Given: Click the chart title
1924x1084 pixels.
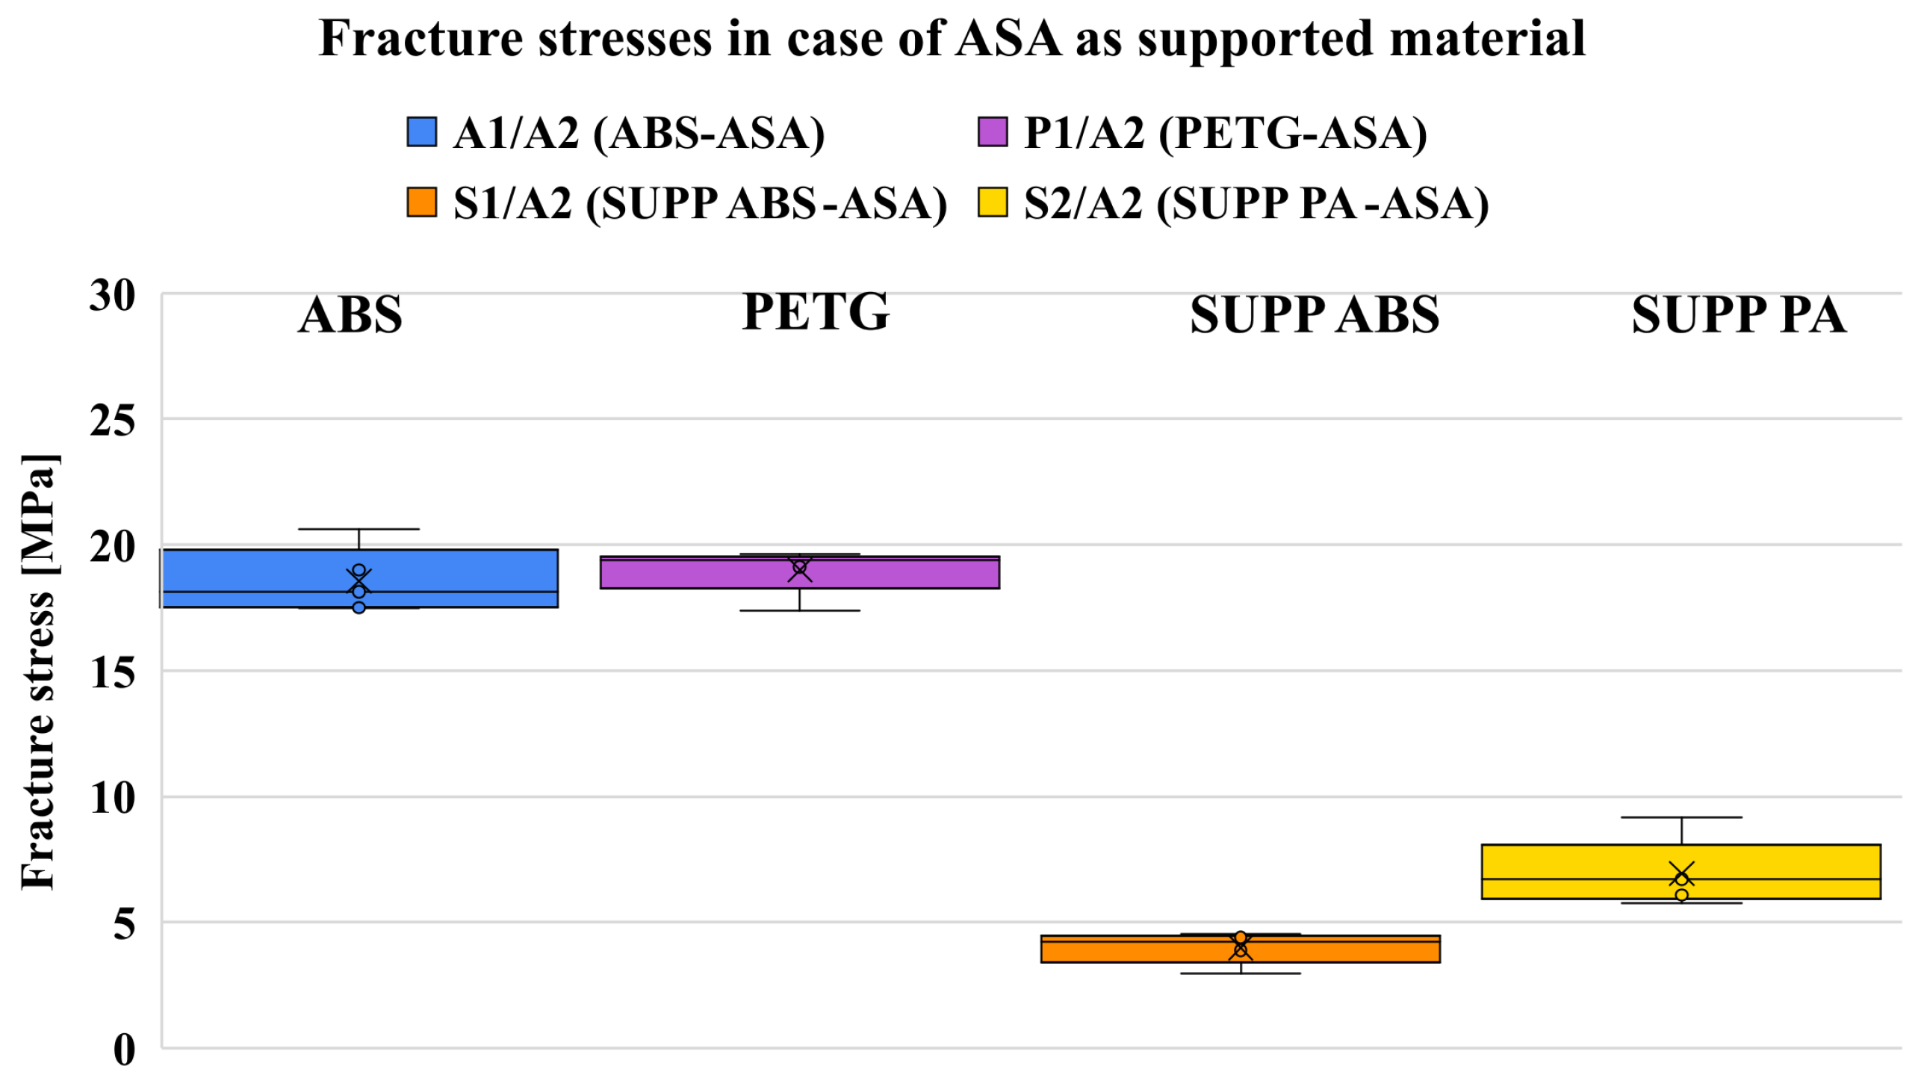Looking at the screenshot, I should click(952, 39).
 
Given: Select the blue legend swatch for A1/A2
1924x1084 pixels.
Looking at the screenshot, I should click(421, 132).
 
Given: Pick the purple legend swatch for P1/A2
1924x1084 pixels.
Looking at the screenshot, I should click(993, 132).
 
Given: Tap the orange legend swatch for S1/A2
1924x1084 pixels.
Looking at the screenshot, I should click(421, 202).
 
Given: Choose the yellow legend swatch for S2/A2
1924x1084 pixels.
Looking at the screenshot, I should click(993, 202).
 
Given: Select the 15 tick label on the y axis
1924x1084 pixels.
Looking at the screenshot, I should click(112, 672).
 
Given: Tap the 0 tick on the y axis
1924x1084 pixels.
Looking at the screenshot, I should click(124, 1050).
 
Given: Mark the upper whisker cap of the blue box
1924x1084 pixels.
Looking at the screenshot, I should click(359, 529).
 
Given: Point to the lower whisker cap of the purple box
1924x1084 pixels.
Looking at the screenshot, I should click(799, 610).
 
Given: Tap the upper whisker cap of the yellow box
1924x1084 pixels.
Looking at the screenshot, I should click(1681, 817).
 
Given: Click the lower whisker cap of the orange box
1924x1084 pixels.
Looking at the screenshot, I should click(1241, 973).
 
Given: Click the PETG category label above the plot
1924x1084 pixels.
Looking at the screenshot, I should click(816, 312).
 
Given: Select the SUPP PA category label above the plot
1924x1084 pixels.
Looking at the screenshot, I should click(1739, 315).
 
